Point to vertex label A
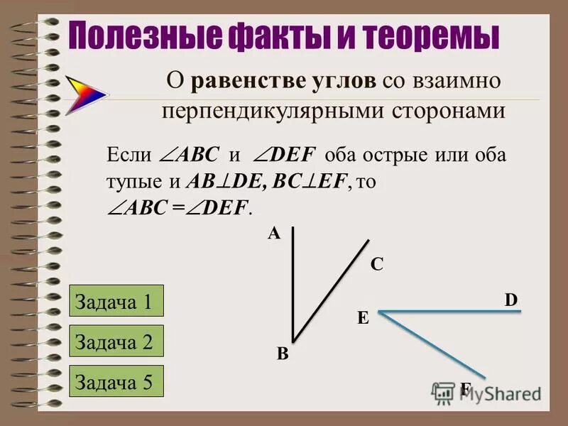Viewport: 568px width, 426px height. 273,234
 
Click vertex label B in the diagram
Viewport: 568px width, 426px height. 282,356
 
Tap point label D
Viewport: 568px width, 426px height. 511,300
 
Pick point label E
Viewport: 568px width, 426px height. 362,319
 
